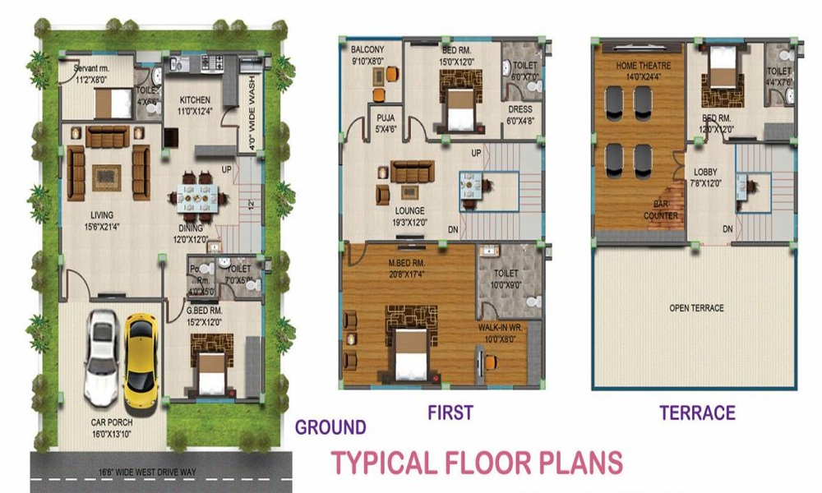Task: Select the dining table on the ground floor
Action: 196,198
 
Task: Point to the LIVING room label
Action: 102,215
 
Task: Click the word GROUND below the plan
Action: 330,427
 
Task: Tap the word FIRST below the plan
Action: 450,412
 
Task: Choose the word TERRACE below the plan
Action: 697,412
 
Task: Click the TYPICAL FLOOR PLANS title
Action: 477,463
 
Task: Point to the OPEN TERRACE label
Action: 696,308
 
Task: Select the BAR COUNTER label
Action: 661,210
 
